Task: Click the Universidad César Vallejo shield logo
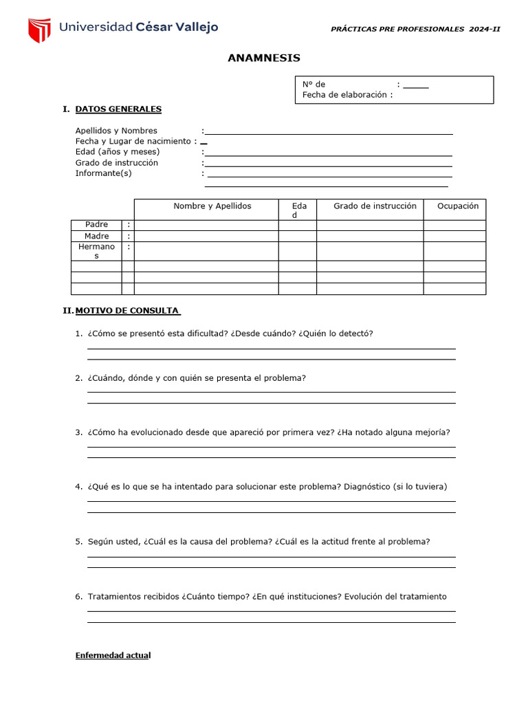(x=39, y=30)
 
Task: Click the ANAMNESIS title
(x=264, y=58)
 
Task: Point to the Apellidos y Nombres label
(x=116, y=131)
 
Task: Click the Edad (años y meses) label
(x=118, y=152)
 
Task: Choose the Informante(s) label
(x=103, y=173)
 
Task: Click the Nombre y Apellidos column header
(x=212, y=206)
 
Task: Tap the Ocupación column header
(x=457, y=206)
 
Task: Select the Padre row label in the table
(x=97, y=225)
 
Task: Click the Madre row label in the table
(x=97, y=236)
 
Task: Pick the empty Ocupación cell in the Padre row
(x=454, y=225)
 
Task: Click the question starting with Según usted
(x=258, y=542)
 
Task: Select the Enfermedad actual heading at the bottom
(x=113, y=656)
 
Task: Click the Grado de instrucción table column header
(x=375, y=206)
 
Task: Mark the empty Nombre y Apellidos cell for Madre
(x=206, y=236)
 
